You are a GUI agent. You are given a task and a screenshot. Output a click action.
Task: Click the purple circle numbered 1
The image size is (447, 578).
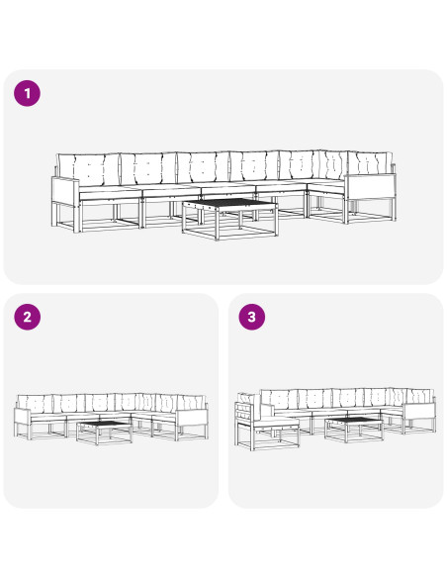[x=28, y=93]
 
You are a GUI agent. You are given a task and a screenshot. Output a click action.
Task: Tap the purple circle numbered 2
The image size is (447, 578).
[x=28, y=317]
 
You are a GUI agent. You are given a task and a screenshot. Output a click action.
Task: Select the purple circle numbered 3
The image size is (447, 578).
[x=252, y=317]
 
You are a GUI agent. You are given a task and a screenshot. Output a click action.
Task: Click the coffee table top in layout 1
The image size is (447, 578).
[x=229, y=204]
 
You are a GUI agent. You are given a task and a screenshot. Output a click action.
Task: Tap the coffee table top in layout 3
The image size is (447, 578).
[x=353, y=421]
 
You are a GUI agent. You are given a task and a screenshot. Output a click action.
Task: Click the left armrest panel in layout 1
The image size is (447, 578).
[x=65, y=191]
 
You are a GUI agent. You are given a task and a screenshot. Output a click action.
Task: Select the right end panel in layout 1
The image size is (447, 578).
[x=371, y=187]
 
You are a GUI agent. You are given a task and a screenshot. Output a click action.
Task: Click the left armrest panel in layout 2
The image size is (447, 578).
[x=22, y=417]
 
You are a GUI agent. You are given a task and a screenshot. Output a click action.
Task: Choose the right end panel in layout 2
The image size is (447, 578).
[x=193, y=418]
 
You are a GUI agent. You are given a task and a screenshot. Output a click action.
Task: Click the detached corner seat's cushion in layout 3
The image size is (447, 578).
[x=276, y=422]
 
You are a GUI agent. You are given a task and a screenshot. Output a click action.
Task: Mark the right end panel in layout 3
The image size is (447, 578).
[x=419, y=412]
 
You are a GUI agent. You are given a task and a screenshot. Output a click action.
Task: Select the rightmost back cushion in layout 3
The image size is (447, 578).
[x=419, y=396]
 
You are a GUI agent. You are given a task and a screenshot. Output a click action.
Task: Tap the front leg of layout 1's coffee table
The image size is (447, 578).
[x=217, y=226]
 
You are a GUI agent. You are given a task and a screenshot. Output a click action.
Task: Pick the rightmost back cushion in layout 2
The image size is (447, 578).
[x=191, y=402]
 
